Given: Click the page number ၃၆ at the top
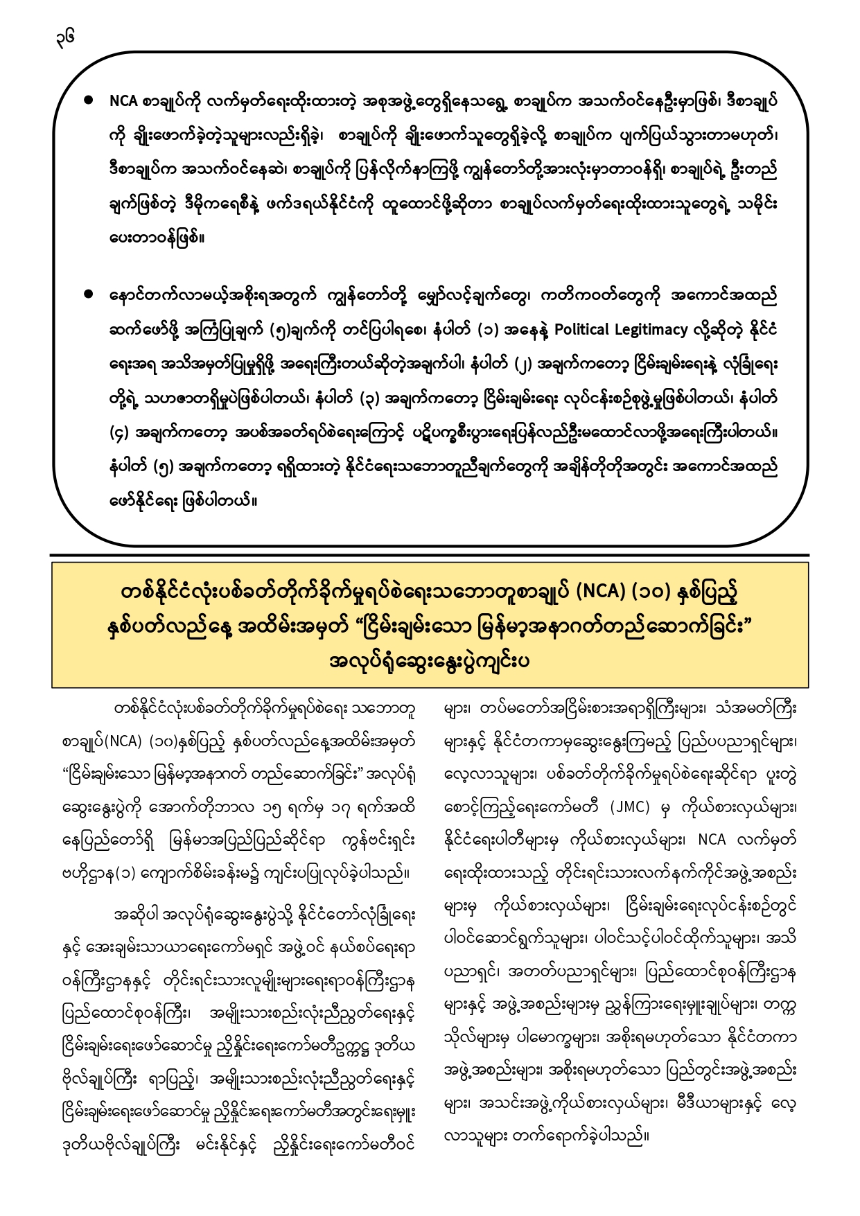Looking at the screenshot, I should (x=66, y=37).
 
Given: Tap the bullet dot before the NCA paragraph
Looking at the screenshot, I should (x=88, y=100).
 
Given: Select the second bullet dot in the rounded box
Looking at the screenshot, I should (x=88, y=294).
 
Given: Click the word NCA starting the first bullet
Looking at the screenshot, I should (x=123, y=101).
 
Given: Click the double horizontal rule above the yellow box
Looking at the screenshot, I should (x=430, y=556).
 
